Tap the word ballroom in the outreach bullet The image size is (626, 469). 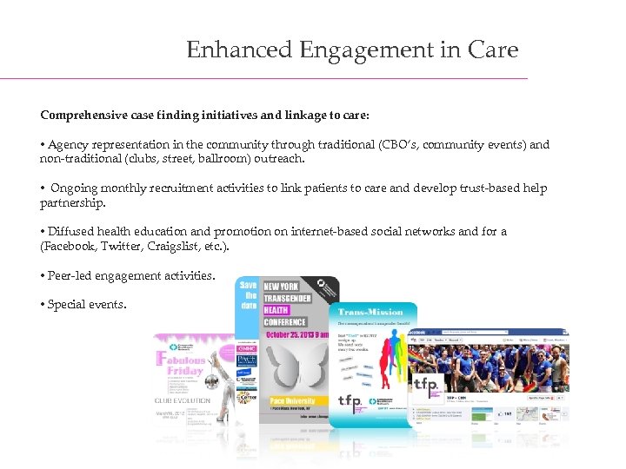coord(240,159)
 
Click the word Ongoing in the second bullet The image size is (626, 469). coord(74,188)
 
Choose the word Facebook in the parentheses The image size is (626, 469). coord(70,246)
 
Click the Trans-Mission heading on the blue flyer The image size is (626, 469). coord(370,311)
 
